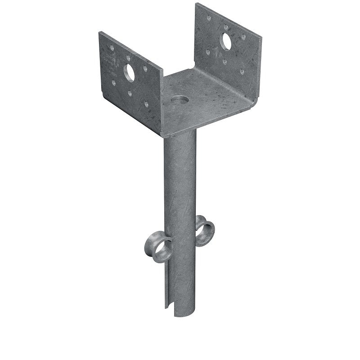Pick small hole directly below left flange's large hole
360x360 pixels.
[130, 93]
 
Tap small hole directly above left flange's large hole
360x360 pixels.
[129, 58]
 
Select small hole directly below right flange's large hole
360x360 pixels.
[225, 60]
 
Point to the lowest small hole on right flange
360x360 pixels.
[242, 71]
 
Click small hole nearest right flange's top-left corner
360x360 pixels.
[208, 18]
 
